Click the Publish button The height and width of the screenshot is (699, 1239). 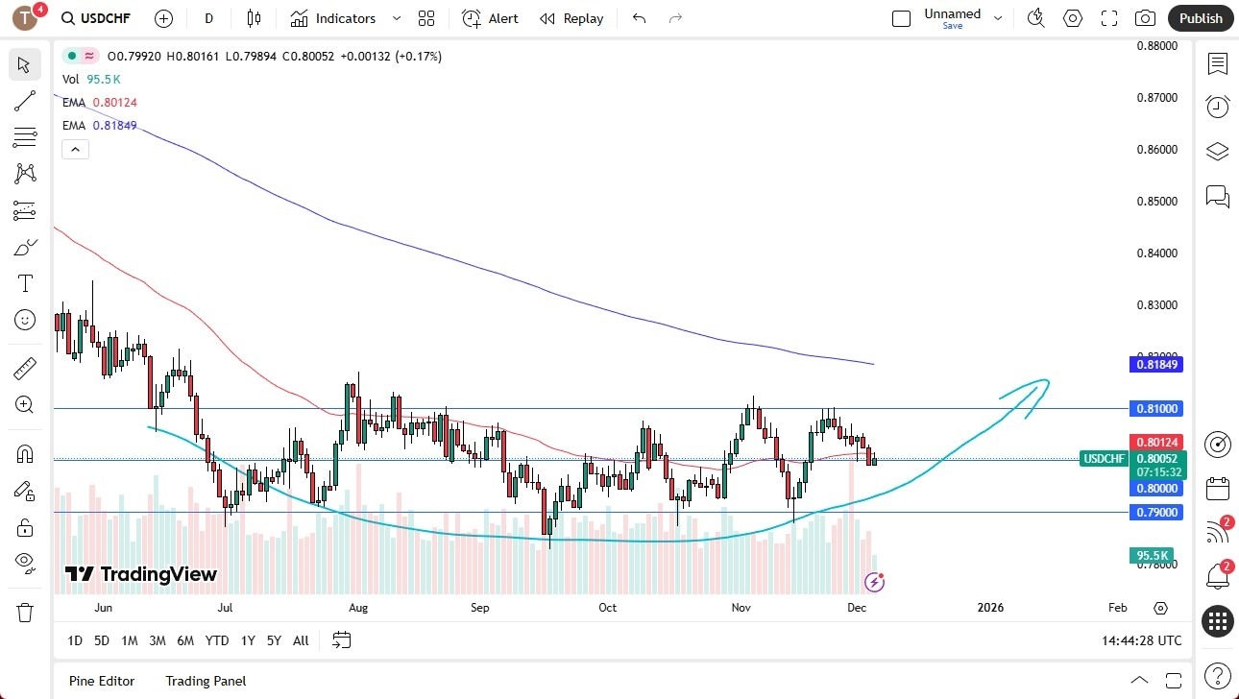tap(1201, 18)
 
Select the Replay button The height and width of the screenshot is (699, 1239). tap(571, 18)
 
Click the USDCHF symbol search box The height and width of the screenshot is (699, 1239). tap(96, 18)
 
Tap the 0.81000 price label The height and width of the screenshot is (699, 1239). tap(1159, 409)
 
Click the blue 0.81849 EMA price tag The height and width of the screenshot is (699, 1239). tap(1159, 365)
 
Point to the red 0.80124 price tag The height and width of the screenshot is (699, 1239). tap(1159, 442)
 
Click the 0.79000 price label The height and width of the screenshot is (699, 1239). tap(1159, 513)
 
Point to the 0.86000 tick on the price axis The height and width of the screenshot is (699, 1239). tap(1157, 150)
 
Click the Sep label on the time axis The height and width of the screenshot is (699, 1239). tap(480, 608)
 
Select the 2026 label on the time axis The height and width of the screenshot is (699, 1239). tap(990, 608)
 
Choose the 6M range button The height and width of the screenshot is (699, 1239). tap(185, 640)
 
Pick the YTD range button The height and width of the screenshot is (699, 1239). tap(217, 640)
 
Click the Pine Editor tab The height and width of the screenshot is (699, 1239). tap(102, 681)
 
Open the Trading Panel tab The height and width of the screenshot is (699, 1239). tap(206, 681)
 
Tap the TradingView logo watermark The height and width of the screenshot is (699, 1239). tap(141, 574)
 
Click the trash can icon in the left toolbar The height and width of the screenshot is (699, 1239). tap(25, 612)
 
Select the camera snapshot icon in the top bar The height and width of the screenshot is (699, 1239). tap(1145, 18)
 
